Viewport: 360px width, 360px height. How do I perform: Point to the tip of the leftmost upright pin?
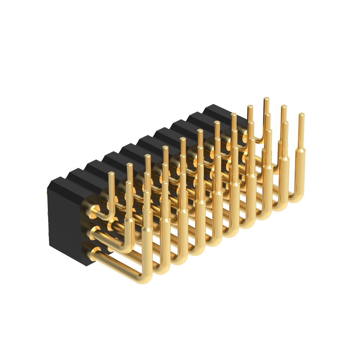pyautogui.click(x=111, y=174)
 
